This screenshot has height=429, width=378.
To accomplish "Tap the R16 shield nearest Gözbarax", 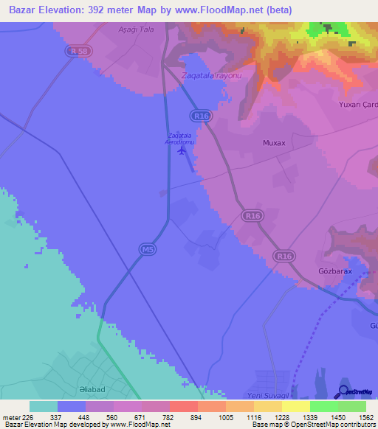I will click(283, 256).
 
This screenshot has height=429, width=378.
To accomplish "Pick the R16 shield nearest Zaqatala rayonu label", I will click(199, 116).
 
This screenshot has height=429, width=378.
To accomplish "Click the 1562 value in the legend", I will click(356, 416).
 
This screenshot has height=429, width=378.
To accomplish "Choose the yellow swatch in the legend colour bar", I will click(295, 406).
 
